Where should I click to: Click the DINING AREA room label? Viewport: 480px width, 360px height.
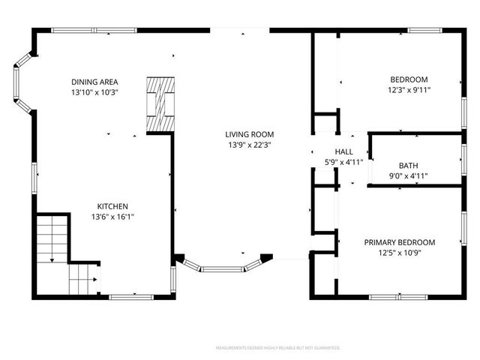(94, 82)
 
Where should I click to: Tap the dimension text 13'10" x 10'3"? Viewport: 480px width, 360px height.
(94, 91)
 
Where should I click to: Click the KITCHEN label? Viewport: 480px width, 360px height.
(112, 206)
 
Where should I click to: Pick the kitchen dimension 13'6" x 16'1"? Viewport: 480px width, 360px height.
(112, 217)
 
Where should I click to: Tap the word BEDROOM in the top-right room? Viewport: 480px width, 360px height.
(409, 79)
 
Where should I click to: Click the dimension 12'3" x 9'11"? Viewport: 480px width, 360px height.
(409, 90)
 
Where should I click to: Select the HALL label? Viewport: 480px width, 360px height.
(343, 151)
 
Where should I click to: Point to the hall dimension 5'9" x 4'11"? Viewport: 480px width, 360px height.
(343, 161)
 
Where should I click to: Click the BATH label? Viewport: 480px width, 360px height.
(408, 166)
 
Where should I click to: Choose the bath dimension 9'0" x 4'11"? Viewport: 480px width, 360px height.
(408, 175)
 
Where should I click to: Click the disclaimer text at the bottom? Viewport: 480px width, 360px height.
(277, 348)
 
